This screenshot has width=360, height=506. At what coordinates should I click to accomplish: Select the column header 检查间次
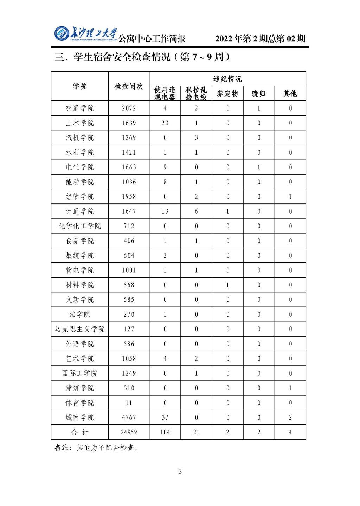[x=129, y=86]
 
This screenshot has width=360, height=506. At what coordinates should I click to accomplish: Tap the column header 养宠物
[x=227, y=93]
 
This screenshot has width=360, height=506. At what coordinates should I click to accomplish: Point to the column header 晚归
[x=259, y=93]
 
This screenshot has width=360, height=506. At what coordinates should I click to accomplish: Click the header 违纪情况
[x=227, y=79]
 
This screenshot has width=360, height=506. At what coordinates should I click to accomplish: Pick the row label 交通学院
[x=80, y=108]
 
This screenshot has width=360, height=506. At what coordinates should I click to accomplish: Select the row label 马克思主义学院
[x=80, y=329]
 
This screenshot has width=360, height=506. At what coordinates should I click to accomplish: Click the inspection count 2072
[x=129, y=108]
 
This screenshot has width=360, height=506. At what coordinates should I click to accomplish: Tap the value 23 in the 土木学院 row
[x=165, y=123]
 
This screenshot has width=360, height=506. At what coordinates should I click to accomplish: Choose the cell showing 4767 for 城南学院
[x=129, y=417]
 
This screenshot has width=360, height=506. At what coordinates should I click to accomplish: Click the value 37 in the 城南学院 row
[x=165, y=417]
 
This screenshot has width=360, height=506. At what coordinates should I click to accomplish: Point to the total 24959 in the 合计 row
[x=129, y=432]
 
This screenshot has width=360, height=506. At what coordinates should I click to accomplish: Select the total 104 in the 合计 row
[x=165, y=432]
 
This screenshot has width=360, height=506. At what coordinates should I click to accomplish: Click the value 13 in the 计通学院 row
[x=165, y=211]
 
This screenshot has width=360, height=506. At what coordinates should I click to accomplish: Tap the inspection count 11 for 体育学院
[x=129, y=403]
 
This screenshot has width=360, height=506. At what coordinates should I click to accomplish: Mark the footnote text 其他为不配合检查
[x=107, y=448]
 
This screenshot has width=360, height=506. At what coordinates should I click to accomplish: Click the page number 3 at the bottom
[x=180, y=472]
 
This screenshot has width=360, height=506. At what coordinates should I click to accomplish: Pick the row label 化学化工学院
[x=80, y=226]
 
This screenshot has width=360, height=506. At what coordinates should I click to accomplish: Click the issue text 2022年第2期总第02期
[x=260, y=38]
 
